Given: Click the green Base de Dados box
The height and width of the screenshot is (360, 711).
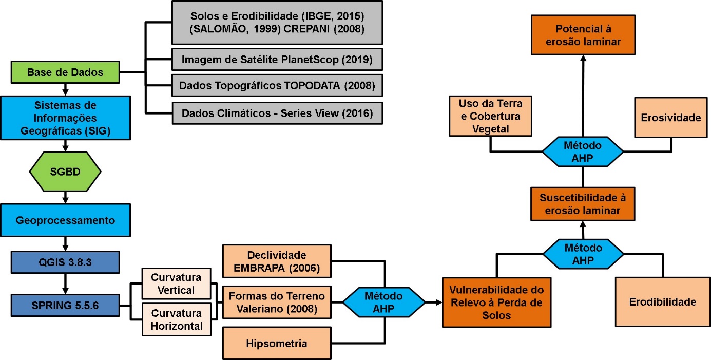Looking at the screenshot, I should coord(65,72).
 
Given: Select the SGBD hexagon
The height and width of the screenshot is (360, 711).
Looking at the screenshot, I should coord(65,170).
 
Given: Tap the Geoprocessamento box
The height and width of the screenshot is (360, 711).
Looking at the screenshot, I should coord(65,220).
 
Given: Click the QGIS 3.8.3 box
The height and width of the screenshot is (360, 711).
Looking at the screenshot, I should coord(65,262).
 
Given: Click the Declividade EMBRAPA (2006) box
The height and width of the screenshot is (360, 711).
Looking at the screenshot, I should coord(277,261).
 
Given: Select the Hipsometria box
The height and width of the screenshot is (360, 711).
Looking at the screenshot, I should coord(277,344).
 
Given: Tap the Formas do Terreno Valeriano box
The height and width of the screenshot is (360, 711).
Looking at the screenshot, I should coord(277,302).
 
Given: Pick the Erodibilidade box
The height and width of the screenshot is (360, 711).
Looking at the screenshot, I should coord(663,302).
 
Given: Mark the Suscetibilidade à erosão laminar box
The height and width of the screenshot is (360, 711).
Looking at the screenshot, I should coord(583,204).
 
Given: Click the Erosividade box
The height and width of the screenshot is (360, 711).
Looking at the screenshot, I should coord(670,118).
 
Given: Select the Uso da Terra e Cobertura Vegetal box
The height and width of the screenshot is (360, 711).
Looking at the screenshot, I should coord(490,116).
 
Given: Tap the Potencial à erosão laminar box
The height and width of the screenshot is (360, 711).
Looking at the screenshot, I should coord(583,35).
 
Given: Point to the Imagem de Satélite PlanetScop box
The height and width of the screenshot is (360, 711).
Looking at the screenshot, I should coord(277,60).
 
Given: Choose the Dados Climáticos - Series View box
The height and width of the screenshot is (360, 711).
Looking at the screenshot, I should coord(277,112).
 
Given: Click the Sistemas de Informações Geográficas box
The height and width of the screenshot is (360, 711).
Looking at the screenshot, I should coord(65,119).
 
